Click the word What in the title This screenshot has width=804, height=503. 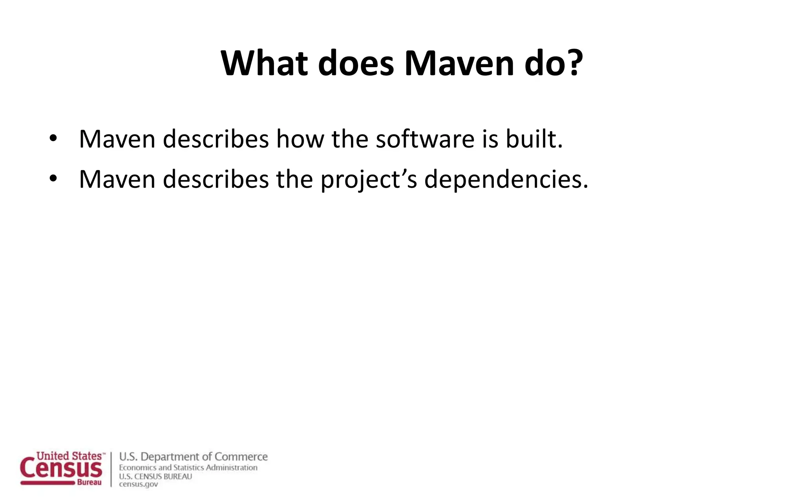click(264, 63)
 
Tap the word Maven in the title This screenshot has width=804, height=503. click(459, 63)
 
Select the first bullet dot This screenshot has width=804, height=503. click(53, 139)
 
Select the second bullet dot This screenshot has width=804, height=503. click(53, 179)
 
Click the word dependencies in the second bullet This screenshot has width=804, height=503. click(506, 179)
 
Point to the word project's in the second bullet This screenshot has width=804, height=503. click(369, 180)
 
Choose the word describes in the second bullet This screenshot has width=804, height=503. click(216, 179)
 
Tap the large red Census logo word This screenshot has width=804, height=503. click(61, 469)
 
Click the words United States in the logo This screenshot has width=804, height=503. click(69, 456)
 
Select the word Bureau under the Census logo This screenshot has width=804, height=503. click(89, 483)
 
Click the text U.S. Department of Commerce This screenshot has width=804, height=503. click(193, 457)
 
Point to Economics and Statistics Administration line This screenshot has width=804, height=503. click(188, 468)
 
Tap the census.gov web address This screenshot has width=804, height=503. click(138, 485)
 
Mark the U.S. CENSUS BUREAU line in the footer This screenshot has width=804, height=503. click(155, 476)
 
